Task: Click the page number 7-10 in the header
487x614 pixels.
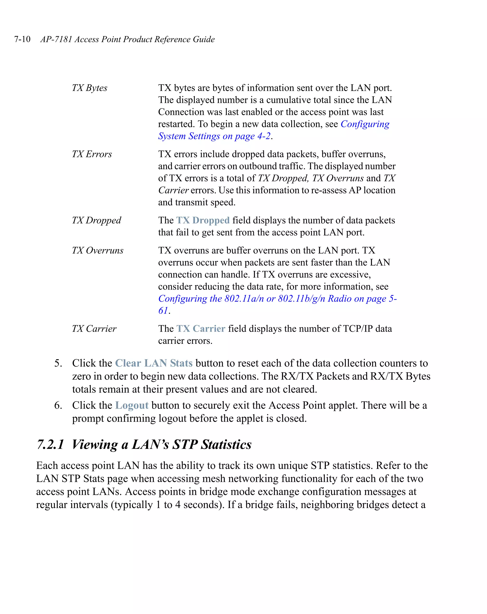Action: tap(22, 39)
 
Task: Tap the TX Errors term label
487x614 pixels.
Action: tap(92, 154)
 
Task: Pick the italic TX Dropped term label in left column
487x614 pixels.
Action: tap(97, 220)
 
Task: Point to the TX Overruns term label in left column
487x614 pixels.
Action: tap(97, 250)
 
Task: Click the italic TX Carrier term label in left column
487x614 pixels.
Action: tap(94, 329)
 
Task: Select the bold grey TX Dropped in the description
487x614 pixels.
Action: tap(203, 220)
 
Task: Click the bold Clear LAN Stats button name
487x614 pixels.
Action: tap(154, 363)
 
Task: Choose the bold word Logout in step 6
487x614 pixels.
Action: tap(132, 405)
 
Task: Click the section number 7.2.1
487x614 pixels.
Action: tap(50, 444)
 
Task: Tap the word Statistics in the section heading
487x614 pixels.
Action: tap(226, 444)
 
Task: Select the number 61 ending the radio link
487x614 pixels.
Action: tap(163, 311)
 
